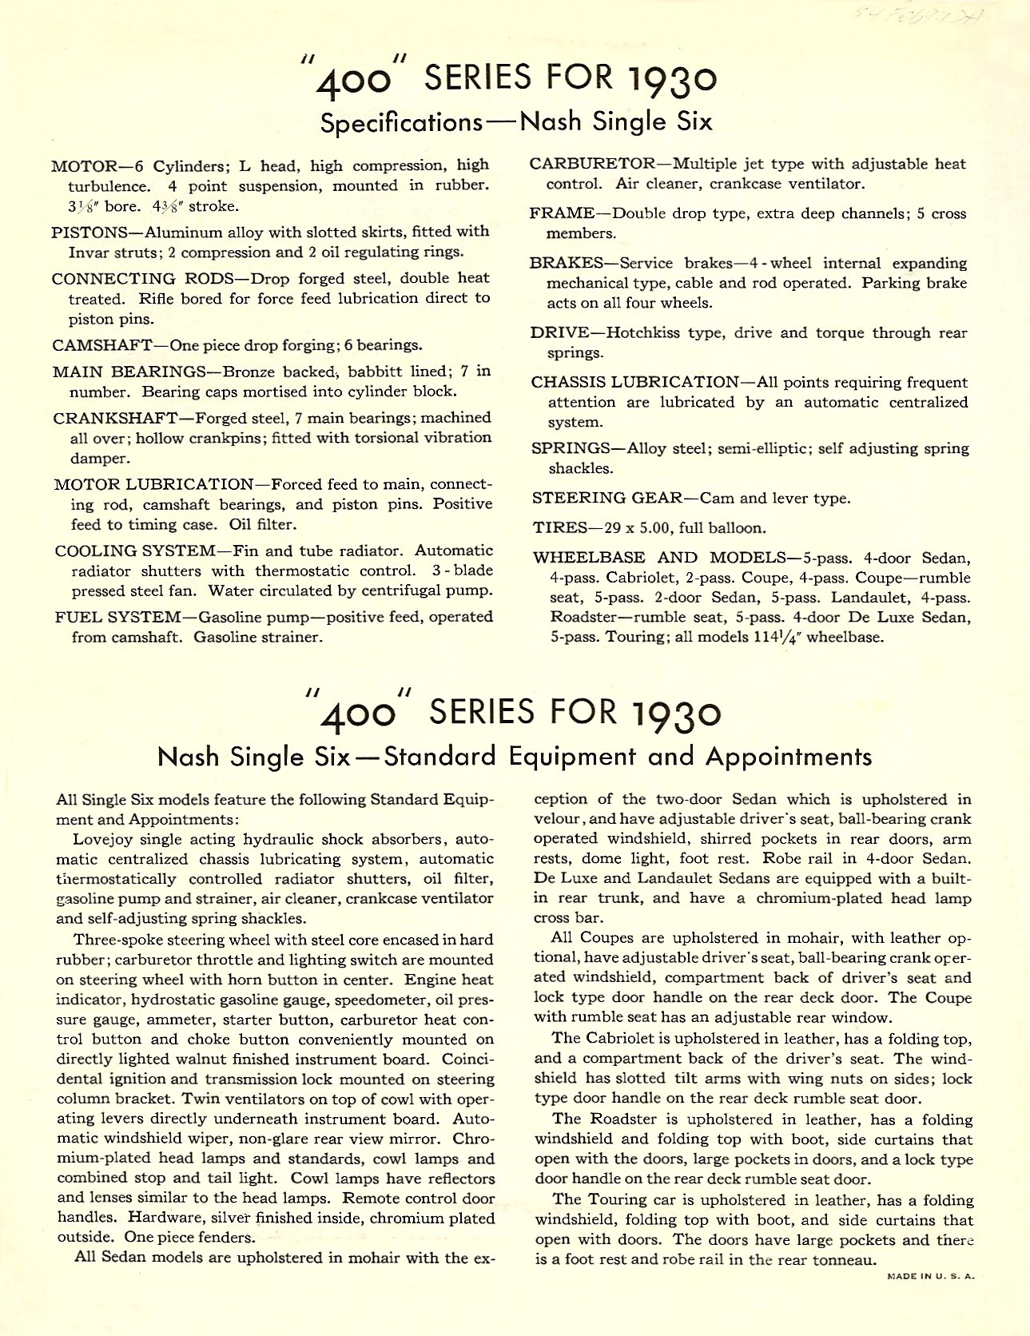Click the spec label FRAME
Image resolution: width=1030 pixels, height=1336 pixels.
(561, 214)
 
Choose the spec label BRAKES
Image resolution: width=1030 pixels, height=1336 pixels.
(567, 264)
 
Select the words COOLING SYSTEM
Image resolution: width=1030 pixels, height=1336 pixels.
(135, 551)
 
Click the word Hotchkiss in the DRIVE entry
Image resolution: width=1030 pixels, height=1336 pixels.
(650, 333)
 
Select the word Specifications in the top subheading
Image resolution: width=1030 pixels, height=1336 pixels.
(401, 123)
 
